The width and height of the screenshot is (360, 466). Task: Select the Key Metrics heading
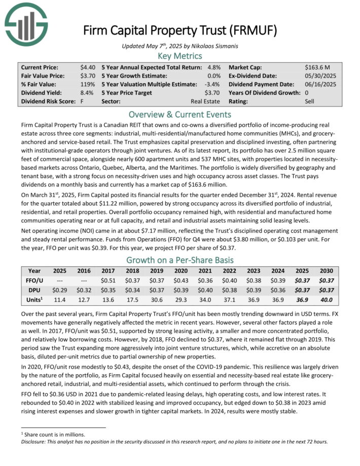(x=180, y=56)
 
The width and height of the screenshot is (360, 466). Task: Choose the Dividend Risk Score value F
(x=81, y=101)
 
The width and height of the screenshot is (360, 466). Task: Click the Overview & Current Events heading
(x=180, y=114)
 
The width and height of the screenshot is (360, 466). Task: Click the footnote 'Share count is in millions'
(x=54, y=434)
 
